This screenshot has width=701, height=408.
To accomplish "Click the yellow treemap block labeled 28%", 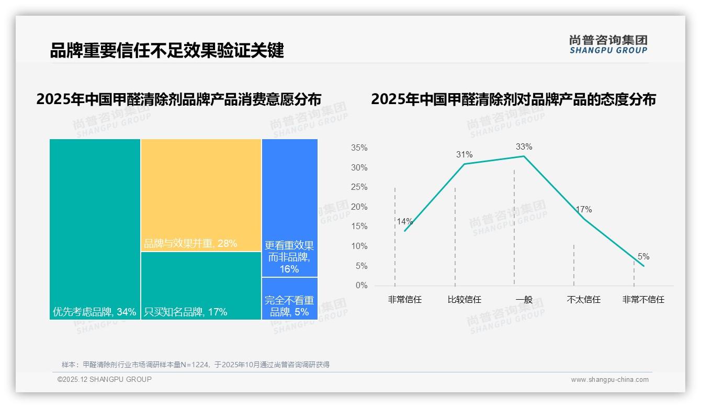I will tap(201, 195).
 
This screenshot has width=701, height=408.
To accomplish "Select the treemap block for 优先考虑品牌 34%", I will tap(95, 229).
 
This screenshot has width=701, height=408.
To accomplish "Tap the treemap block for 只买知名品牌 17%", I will tap(201, 285).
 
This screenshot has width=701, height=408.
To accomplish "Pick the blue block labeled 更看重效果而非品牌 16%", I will tap(289, 207).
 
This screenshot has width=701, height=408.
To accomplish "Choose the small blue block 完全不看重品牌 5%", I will tap(289, 298).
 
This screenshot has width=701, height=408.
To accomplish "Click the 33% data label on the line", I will tap(524, 146).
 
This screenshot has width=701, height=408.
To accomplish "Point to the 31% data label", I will tap(464, 154).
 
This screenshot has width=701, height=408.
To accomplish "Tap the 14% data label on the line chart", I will tap(405, 221).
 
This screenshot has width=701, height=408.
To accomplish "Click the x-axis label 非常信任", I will tap(405, 300).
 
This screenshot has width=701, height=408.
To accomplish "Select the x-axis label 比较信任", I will tap(465, 300).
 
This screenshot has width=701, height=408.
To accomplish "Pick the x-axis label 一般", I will tap(524, 300).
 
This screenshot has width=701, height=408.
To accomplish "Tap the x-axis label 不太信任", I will tap(583, 300).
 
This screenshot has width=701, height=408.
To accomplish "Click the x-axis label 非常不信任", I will tap(643, 300).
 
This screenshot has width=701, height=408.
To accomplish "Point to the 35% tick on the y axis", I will tap(359, 148).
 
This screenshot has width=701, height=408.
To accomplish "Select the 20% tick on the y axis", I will tap(359, 207).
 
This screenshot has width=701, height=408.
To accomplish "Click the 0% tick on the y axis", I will tap(361, 286).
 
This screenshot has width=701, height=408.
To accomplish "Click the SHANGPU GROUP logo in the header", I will tap(608, 44).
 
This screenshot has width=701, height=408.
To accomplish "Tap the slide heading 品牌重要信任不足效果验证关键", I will tap(167, 51).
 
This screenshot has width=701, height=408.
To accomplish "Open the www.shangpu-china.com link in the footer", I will tap(609, 380).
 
